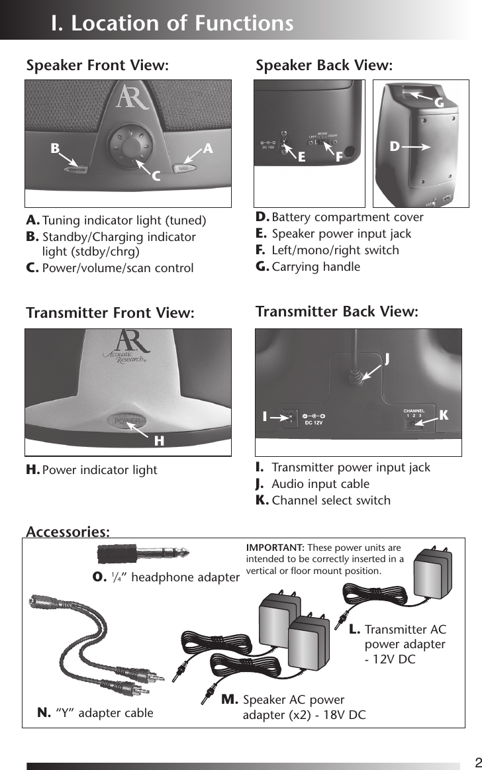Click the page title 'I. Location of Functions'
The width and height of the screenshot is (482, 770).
point(172,23)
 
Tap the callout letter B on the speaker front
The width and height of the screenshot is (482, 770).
point(55,149)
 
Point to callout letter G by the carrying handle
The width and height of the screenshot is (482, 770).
point(438,103)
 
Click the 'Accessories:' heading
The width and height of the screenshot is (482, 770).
point(68,531)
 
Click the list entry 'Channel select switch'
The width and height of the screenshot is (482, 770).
point(331,500)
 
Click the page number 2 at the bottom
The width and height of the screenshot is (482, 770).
point(477,761)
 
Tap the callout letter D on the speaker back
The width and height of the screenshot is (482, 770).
point(395,146)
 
